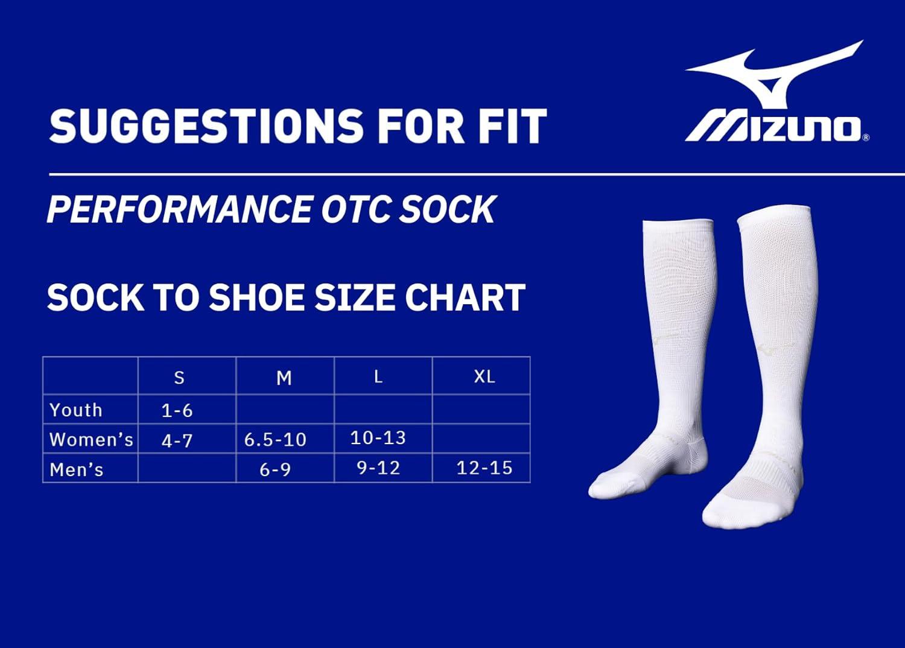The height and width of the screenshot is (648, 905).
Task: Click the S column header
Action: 179,378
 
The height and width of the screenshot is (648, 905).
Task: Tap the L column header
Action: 378,376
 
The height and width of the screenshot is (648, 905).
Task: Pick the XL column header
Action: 484,376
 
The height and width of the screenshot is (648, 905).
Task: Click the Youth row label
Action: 75,410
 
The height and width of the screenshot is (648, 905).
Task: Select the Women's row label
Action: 91,439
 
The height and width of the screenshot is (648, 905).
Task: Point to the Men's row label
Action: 77,469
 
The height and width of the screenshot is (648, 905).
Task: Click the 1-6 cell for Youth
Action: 177,411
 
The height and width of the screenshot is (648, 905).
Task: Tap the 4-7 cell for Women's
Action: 177,441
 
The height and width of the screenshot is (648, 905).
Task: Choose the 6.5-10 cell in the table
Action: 275,439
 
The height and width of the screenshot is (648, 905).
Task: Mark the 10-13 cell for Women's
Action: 378,438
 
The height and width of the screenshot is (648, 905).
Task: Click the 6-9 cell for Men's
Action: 275,469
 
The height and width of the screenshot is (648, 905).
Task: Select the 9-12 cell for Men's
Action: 378,468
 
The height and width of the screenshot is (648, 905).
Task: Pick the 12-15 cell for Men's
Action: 484,468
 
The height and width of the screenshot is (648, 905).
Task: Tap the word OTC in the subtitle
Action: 357,209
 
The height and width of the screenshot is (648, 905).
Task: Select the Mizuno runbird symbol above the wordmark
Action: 775,75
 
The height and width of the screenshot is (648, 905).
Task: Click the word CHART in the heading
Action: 465,297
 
